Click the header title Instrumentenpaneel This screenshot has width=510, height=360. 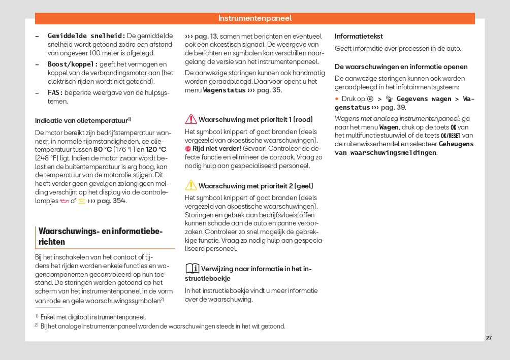coord(255,18)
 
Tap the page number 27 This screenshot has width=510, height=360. coord(489,338)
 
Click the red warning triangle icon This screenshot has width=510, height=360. coord(191,119)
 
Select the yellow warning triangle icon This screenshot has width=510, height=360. coord(191,185)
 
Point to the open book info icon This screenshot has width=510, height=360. coord(192,268)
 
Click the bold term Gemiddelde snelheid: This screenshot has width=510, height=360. coord(86,36)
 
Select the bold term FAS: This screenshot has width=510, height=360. coord(55,93)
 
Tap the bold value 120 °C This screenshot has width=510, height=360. coord(156,149)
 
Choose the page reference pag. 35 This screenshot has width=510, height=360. coord(269,90)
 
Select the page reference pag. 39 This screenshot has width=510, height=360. coord(393,108)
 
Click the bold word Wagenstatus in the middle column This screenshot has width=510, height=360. coord(224,90)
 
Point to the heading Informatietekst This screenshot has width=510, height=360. coord(359,36)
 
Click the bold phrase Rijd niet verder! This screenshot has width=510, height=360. coord(217,148)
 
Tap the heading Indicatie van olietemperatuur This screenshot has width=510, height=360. coord(81,120)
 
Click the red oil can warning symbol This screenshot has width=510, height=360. coord(63,201)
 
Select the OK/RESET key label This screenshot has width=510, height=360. coord(450,136)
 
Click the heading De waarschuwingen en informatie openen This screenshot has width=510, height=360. coord(401,67)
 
